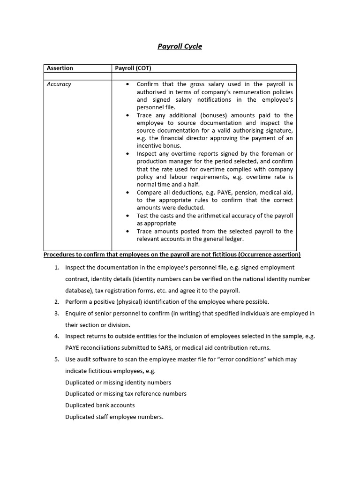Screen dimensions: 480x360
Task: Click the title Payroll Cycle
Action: coord(180,46)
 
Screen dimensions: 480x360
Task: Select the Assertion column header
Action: coord(60,68)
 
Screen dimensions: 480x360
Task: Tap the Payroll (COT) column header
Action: coord(133,68)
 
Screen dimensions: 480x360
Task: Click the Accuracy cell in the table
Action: coord(59,84)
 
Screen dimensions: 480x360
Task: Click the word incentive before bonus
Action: coord(149,146)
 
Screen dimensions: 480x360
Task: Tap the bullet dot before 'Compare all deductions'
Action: coord(127,192)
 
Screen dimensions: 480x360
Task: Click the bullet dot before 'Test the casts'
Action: coord(127,216)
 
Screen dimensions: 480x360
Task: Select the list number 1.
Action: coord(56,268)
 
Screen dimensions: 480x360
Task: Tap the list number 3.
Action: coord(56,314)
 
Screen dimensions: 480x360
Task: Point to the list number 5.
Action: coord(56,360)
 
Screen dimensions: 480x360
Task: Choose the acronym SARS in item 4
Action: coord(177,348)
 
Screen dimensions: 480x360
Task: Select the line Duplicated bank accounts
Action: coord(100,405)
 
